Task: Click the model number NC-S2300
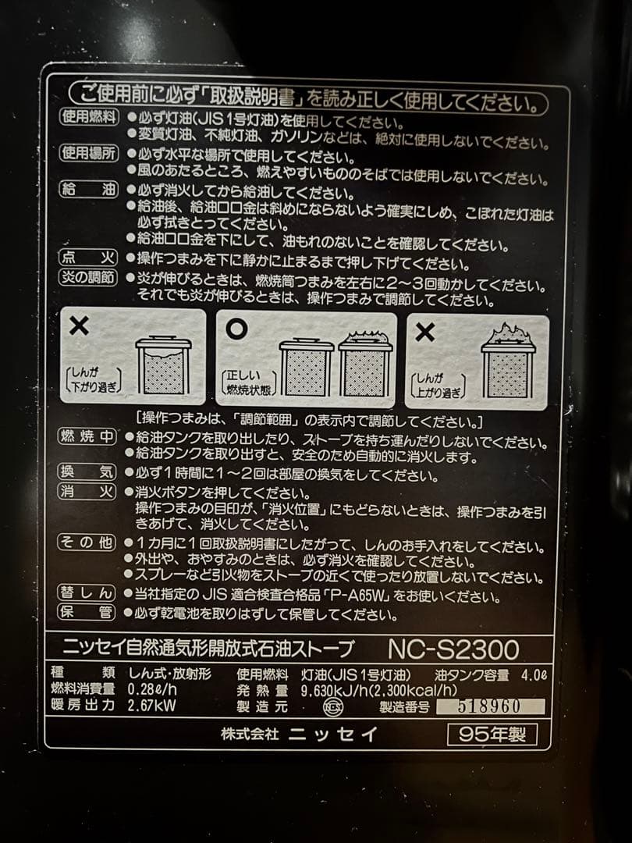pos(453,649)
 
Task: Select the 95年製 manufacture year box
pos(492,735)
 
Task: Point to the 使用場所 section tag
pos(90,153)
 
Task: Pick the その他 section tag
pos(90,542)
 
